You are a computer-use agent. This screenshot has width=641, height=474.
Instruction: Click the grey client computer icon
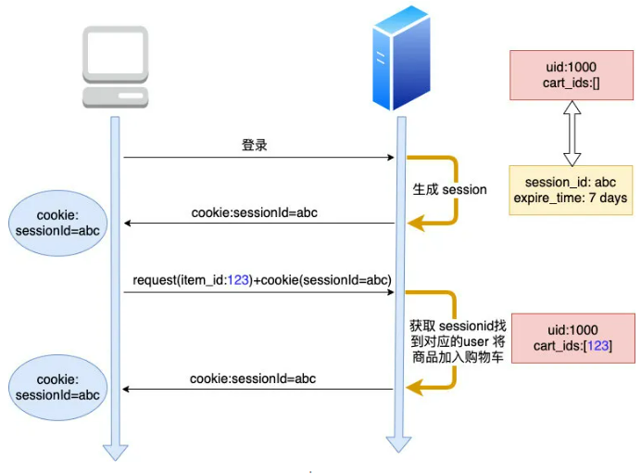click(115, 66)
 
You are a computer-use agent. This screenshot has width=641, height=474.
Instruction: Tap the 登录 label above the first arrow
click(255, 146)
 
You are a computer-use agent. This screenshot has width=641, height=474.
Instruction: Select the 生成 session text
click(449, 189)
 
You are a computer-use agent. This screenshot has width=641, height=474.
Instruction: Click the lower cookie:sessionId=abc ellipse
click(57, 388)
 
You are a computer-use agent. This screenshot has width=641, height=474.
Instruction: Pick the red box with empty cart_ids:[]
click(572, 74)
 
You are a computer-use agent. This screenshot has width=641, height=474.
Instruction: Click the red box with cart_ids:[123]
click(572, 338)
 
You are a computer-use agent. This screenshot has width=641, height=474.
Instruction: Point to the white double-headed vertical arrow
click(572, 132)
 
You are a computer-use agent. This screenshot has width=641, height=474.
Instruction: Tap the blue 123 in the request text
click(238, 279)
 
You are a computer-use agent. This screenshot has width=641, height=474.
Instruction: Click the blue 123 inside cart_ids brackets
click(597, 346)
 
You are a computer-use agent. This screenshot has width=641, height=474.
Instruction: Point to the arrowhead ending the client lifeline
click(115, 452)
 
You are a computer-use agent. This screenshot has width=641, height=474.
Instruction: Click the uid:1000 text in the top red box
click(572, 67)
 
